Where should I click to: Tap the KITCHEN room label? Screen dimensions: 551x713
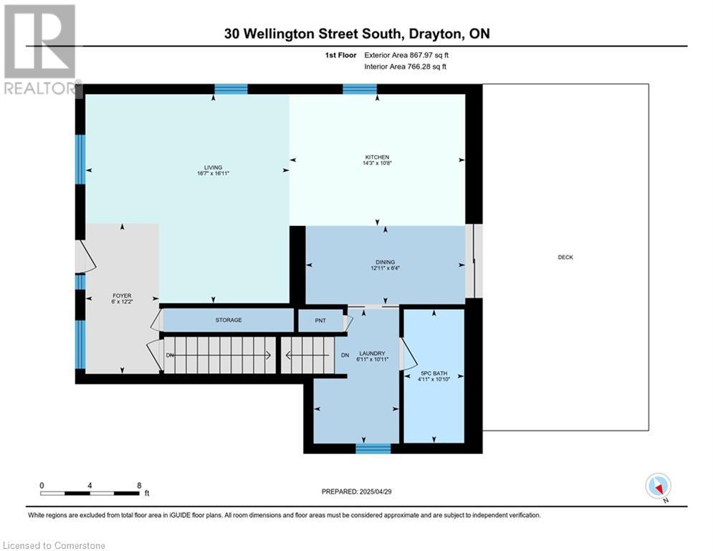pyautogui.click(x=377, y=156)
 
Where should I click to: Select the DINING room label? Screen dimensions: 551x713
pyautogui.click(x=384, y=262)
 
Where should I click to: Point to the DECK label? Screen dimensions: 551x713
pyautogui.click(x=565, y=257)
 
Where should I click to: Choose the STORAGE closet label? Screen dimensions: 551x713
pyautogui.click(x=226, y=320)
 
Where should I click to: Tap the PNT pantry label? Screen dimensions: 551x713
pyautogui.click(x=320, y=320)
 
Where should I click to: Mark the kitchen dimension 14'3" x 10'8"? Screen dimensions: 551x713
pyautogui.click(x=377, y=164)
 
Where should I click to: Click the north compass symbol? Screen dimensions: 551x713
pyautogui.click(x=657, y=486)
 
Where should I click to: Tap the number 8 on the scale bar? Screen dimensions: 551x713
pyautogui.click(x=138, y=485)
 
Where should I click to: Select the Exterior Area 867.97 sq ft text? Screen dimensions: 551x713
pyautogui.click(x=406, y=55)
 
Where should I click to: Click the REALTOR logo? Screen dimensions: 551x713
pyautogui.click(x=40, y=50)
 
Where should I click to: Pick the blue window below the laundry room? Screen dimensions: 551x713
pyautogui.click(x=373, y=449)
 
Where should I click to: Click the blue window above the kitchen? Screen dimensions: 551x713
pyautogui.click(x=360, y=89)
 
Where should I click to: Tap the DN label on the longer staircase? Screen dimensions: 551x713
pyautogui.click(x=170, y=355)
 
